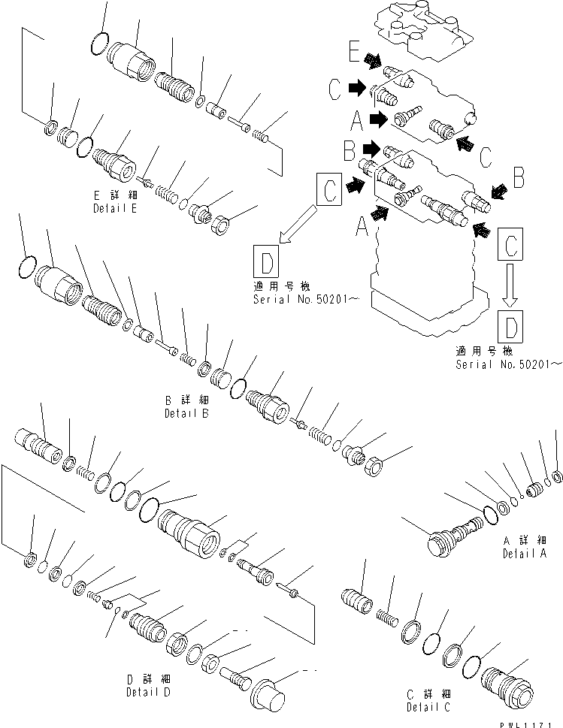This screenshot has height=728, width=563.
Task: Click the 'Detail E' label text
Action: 114,208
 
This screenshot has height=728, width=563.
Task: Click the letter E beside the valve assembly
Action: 354,54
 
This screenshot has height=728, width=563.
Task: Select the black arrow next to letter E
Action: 372,59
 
